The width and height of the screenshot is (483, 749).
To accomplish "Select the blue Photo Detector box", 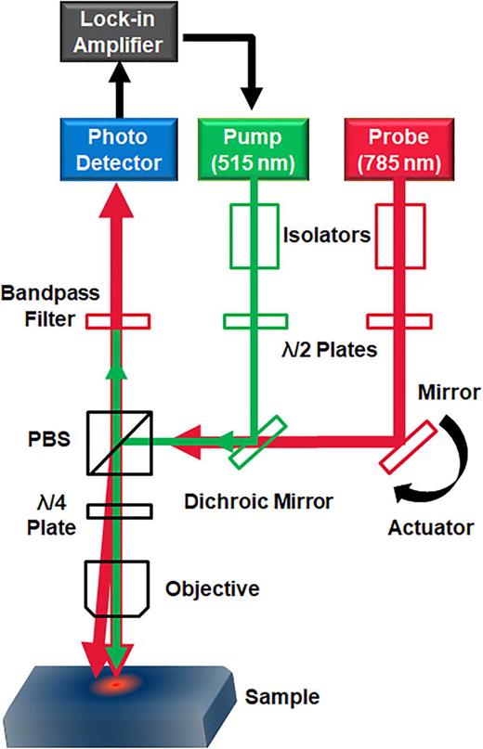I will pyautogui.click(x=117, y=149).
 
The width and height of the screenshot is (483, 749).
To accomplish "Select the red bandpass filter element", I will pyautogui.click(x=117, y=321).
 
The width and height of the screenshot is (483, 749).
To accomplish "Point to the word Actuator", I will pyautogui.click(x=423, y=530).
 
